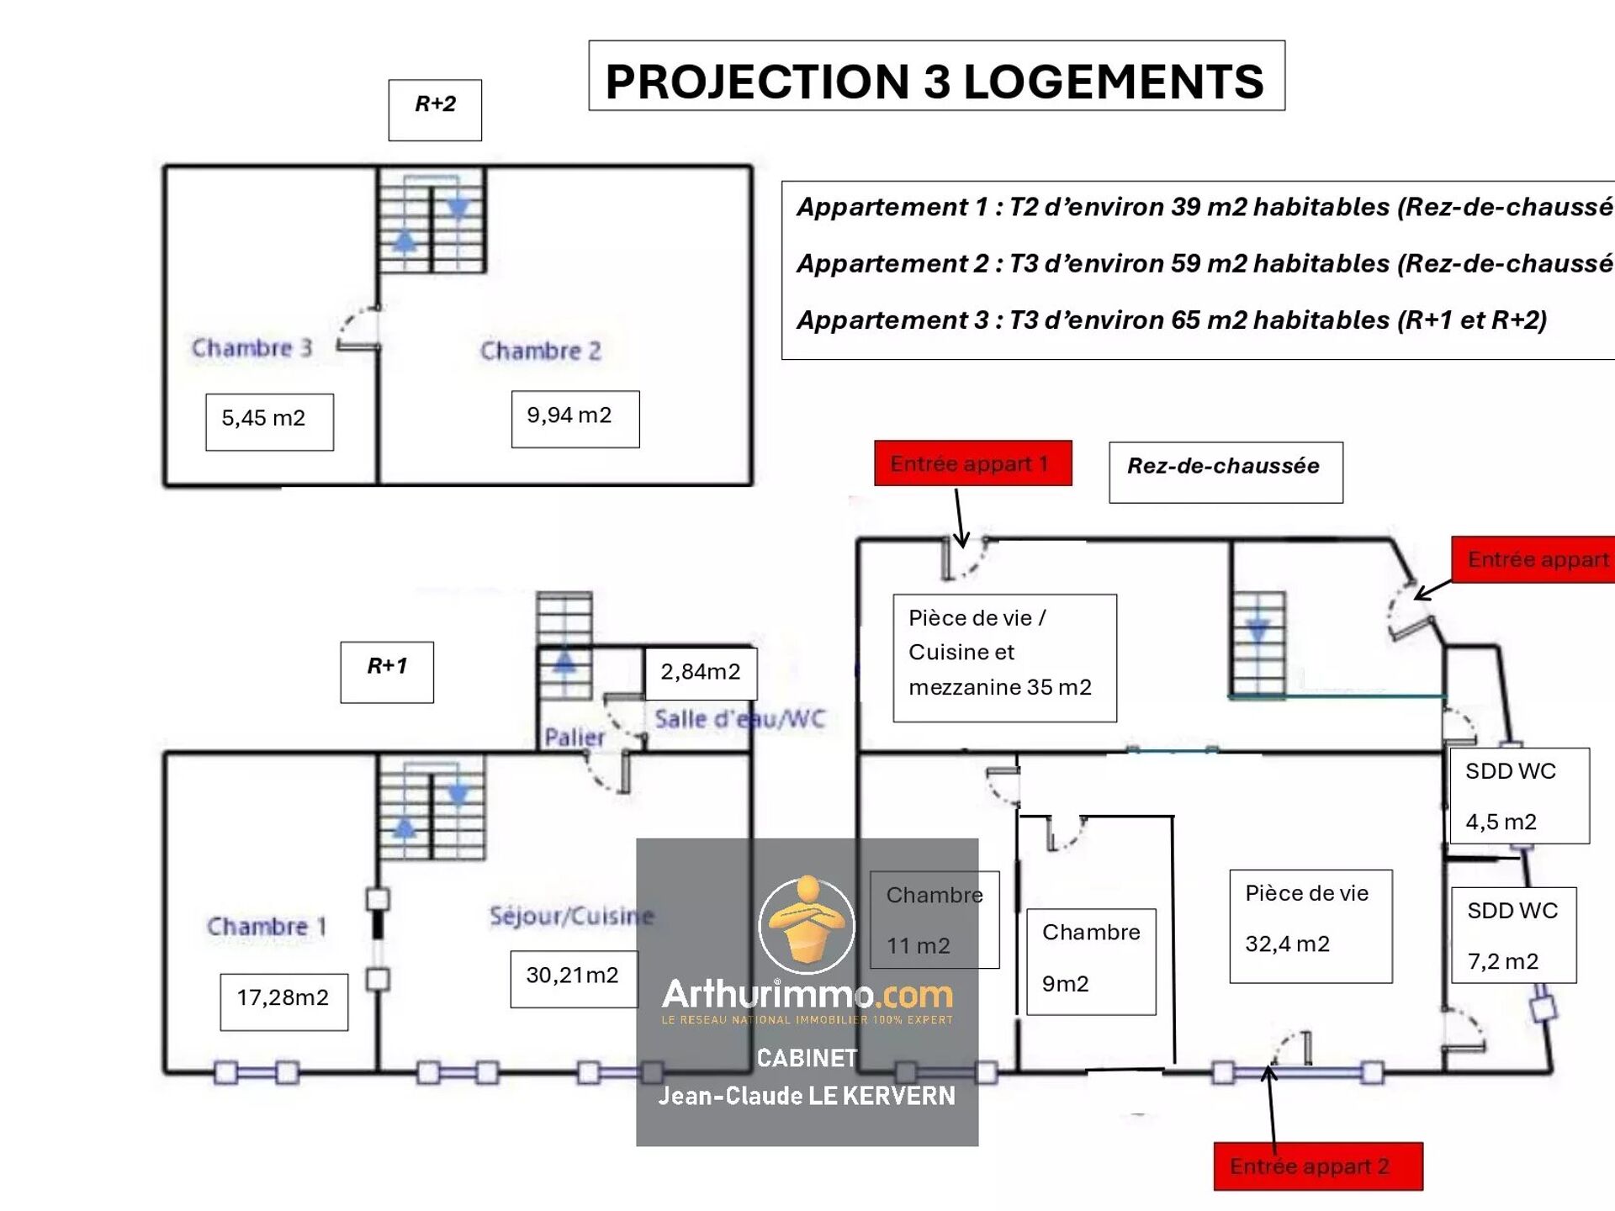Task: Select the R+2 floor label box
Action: point(435,109)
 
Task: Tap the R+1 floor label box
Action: point(387,671)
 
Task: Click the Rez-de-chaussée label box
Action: point(1225,472)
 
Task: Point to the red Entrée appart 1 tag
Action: point(972,463)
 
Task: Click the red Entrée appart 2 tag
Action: point(1317,1166)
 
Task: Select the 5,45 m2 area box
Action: point(269,421)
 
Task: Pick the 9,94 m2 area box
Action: point(575,419)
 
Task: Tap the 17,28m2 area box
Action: point(283,1001)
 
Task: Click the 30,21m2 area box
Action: point(574,978)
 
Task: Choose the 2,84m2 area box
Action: point(700,673)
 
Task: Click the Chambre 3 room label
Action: point(252,347)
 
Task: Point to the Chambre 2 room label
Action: point(540,351)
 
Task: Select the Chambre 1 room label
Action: point(266,926)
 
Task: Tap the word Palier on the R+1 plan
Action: point(574,738)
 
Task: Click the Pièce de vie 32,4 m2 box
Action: point(1310,925)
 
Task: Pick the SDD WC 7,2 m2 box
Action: point(1513,934)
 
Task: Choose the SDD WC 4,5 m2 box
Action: point(1518,796)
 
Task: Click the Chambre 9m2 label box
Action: point(1091,961)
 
